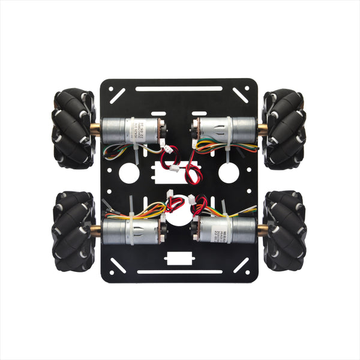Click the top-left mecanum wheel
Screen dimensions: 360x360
coord(74,128)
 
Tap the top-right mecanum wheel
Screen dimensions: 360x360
coord(284,129)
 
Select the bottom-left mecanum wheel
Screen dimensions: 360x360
coord(74,231)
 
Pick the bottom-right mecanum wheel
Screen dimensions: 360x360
coord(284,231)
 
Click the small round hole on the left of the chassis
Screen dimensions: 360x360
coord(129,173)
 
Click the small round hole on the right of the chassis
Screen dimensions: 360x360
coord(229,173)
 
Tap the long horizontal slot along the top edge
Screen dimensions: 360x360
coord(179,89)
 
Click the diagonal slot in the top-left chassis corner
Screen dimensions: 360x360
coord(118,94)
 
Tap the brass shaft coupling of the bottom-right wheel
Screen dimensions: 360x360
coord(263,230)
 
